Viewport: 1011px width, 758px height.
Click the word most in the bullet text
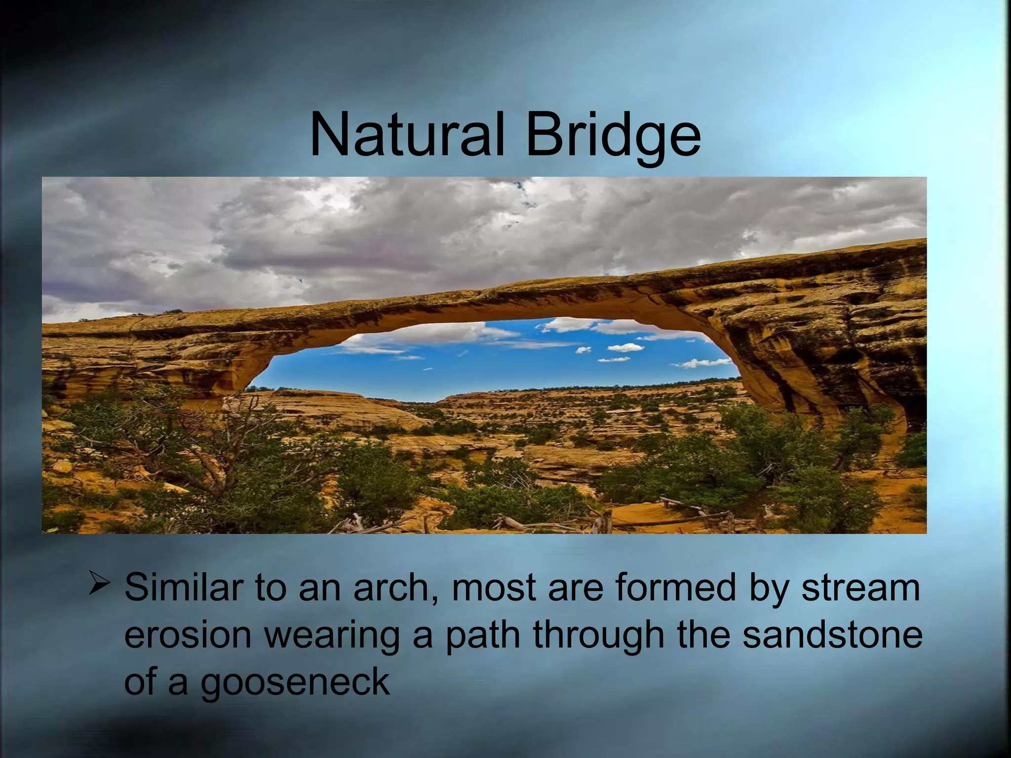[494, 588]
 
